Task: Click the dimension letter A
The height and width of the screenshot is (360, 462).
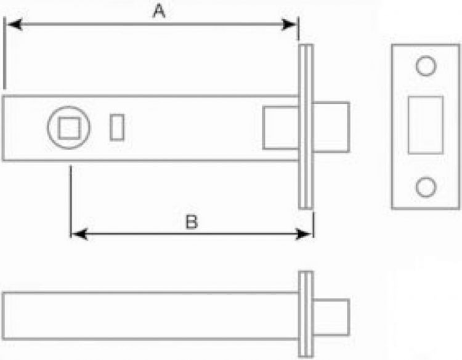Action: point(159,12)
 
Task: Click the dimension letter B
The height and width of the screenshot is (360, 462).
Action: point(192,222)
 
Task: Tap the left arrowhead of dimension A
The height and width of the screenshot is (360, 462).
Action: point(14,25)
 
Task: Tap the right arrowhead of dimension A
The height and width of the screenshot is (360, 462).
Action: point(289,25)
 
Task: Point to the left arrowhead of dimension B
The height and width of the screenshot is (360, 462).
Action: point(79,234)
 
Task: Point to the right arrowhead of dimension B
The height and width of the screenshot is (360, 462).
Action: point(303,234)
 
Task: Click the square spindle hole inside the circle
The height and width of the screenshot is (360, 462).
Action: point(69,128)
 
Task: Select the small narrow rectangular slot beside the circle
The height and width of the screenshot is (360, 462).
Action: point(117,127)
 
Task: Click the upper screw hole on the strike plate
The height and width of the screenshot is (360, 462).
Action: point(426,66)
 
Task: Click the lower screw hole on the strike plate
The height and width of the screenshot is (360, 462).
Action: point(426,187)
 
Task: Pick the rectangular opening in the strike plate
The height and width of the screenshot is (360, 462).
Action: point(426,125)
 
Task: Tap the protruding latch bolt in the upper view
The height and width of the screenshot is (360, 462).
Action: point(331,127)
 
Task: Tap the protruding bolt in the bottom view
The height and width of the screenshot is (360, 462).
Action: point(331,318)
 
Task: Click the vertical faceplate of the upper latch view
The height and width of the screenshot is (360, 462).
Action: point(306,127)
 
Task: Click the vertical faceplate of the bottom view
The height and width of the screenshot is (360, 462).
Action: point(306,314)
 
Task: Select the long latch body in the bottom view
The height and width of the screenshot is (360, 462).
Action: point(150,316)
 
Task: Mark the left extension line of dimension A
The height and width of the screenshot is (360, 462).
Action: point(4,53)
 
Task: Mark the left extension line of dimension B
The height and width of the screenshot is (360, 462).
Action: point(71,202)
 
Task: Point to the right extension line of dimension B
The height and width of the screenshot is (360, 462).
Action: point(314,225)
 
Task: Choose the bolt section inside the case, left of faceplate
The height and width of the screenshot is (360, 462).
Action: point(281,128)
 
